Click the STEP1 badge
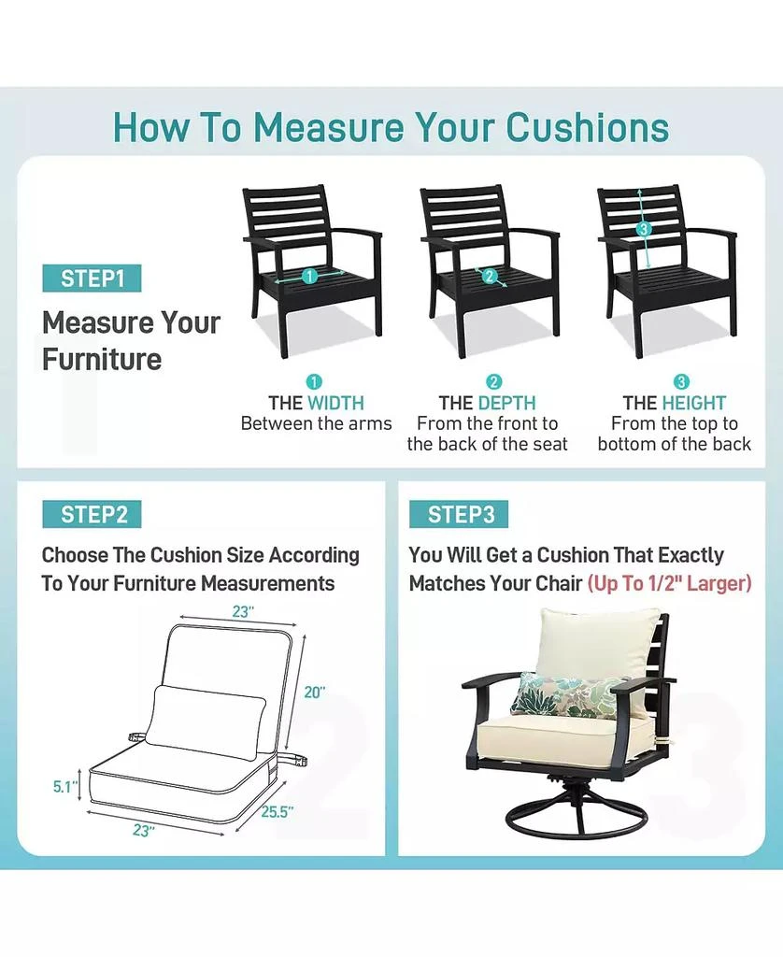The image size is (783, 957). click(x=92, y=279)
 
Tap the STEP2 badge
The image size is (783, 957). click(x=92, y=515)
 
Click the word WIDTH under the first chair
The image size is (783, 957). click(x=335, y=403)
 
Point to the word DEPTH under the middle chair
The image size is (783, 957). click(x=506, y=403)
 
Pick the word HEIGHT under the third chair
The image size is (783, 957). click(x=693, y=403)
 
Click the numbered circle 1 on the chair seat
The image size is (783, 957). click(x=310, y=276)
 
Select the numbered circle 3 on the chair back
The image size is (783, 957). click(x=643, y=229)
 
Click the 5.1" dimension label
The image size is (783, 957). click(x=64, y=788)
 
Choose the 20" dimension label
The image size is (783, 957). click(x=315, y=693)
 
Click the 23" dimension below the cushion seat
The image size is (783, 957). click(x=142, y=830)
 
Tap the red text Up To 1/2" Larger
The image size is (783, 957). click(x=669, y=583)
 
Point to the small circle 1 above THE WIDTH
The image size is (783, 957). click(x=315, y=381)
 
